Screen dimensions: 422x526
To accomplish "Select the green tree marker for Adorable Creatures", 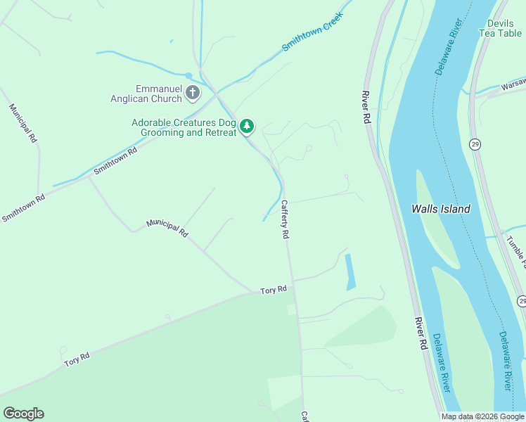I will pyautogui.click(x=246, y=127).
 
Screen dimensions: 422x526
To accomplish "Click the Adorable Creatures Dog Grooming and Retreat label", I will pyautogui.click(x=184, y=127).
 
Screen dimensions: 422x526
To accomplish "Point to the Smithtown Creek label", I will pyautogui.click(x=312, y=32).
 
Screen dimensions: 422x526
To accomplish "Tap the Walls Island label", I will pyautogui.click(x=440, y=209).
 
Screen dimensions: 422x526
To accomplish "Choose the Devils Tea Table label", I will pyautogui.click(x=500, y=28).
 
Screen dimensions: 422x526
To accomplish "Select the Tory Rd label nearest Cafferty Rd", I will pyautogui.click(x=274, y=290).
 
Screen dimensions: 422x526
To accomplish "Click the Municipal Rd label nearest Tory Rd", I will pyautogui.click(x=167, y=227).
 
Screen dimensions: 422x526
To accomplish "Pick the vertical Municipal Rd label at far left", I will pyautogui.click(x=23, y=124).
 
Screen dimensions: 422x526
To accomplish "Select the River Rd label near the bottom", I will pyautogui.click(x=421, y=333).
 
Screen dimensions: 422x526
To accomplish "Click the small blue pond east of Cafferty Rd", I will pyautogui.click(x=349, y=272).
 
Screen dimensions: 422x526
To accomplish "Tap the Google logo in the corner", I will pyautogui.click(x=23, y=414).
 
